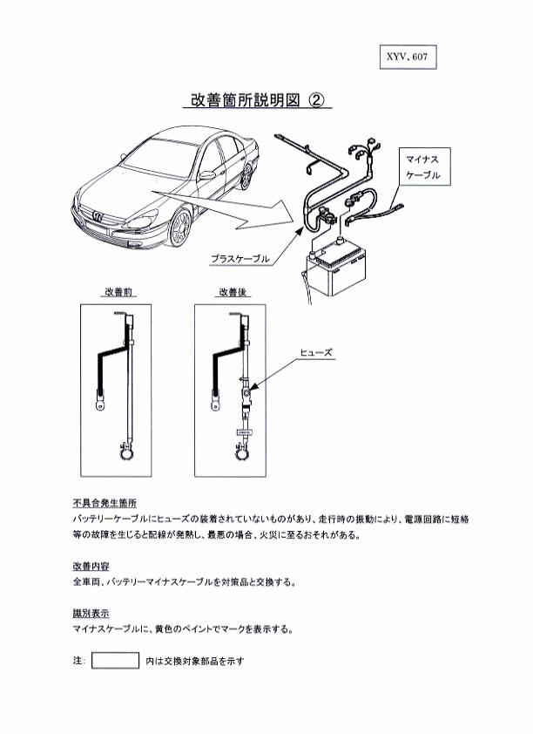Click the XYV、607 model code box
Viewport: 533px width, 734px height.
click(x=408, y=58)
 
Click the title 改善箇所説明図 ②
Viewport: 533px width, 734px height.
click(x=257, y=99)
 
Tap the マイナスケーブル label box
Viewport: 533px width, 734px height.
click(x=423, y=167)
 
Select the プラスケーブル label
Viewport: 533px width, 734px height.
click(x=240, y=258)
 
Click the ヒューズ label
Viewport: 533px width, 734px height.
click(x=316, y=352)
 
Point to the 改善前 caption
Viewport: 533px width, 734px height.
click(x=118, y=292)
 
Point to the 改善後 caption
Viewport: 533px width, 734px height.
click(x=233, y=292)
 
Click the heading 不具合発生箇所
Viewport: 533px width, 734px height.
click(x=105, y=503)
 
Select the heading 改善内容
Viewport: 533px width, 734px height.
click(x=91, y=566)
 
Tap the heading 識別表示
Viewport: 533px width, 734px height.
click(x=91, y=613)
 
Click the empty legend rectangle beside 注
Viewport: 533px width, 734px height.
click(x=116, y=660)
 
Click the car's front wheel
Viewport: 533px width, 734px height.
click(x=180, y=228)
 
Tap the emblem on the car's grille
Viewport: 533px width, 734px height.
click(x=98, y=216)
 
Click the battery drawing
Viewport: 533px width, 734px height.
click(x=335, y=269)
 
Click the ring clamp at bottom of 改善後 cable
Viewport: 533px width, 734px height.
click(x=241, y=452)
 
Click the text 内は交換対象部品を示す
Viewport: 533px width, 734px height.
click(x=195, y=661)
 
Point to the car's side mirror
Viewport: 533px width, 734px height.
click(x=206, y=175)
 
